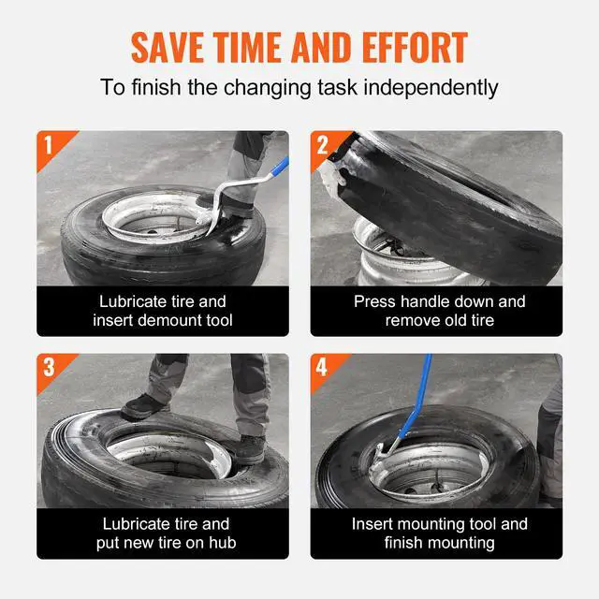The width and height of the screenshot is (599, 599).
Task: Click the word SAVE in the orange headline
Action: [x=168, y=47]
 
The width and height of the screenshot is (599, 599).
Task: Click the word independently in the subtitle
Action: [x=431, y=88]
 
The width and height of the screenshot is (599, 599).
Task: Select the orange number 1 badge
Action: [x=53, y=147]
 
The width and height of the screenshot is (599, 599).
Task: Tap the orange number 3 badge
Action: [x=53, y=370]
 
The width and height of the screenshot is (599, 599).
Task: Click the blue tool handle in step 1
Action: [x=279, y=167]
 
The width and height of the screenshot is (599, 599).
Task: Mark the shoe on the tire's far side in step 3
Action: [x=143, y=406]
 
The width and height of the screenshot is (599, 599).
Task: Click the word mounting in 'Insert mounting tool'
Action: [x=424, y=524]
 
